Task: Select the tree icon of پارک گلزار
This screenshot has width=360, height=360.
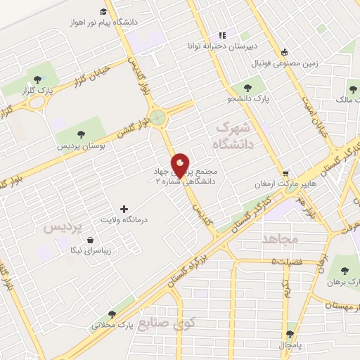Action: (x=37, y=79)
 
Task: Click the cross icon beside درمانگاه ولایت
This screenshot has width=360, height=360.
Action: (x=124, y=209)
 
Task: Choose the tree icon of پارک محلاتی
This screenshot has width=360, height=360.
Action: (x=112, y=314)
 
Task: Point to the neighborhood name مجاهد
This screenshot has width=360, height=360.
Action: (x=280, y=239)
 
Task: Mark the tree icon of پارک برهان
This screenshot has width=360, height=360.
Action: (x=344, y=271)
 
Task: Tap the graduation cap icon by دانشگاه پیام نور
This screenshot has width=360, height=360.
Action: (x=103, y=12)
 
